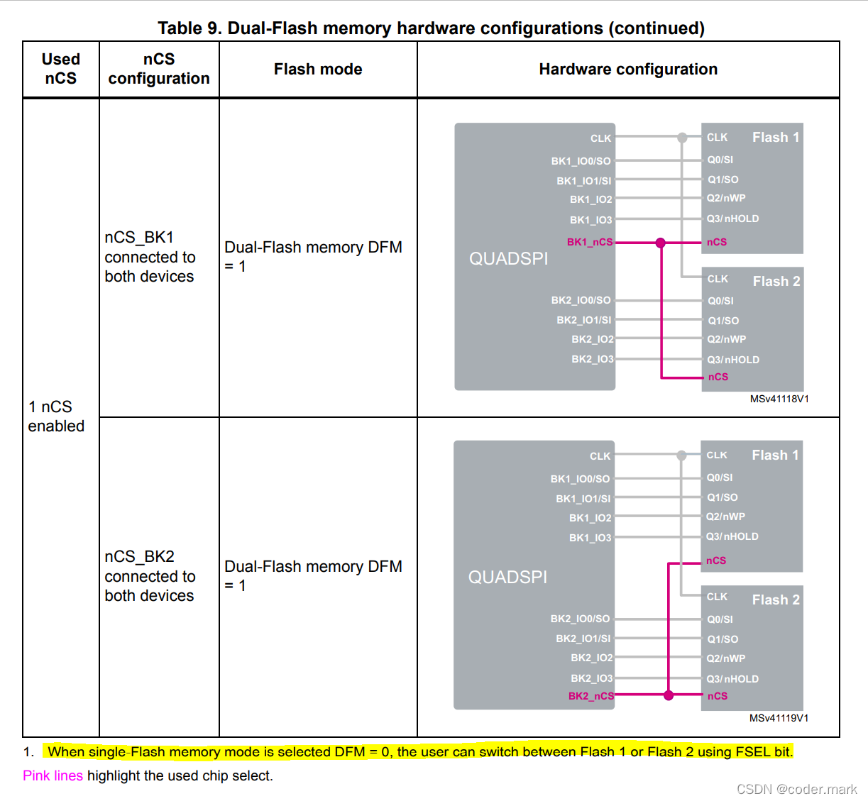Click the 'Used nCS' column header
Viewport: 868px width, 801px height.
pyautogui.click(x=61, y=69)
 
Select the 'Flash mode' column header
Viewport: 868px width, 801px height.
pyautogui.click(x=318, y=70)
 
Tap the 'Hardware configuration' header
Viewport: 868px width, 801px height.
pyautogui.click(x=628, y=70)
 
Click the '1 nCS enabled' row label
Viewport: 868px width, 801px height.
pyautogui.click(x=56, y=416)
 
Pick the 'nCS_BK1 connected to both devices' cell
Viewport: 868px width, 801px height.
pyautogui.click(x=150, y=257)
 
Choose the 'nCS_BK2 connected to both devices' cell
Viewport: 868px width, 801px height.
pyautogui.click(x=150, y=576)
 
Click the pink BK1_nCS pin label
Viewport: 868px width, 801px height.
pyautogui.click(x=590, y=242)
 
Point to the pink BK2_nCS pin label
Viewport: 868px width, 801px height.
pyautogui.click(x=590, y=696)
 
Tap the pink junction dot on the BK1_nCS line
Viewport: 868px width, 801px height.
pyautogui.click(x=661, y=243)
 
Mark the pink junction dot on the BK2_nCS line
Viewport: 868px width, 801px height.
pyautogui.click(x=669, y=695)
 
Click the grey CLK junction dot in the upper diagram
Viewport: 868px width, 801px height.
pyautogui.click(x=682, y=138)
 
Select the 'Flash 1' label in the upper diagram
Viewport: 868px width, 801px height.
pyautogui.click(x=776, y=137)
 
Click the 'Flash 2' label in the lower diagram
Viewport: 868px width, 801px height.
pyautogui.click(x=776, y=600)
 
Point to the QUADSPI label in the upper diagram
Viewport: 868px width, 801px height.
pyautogui.click(x=508, y=259)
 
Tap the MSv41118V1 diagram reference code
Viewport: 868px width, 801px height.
pyautogui.click(x=779, y=399)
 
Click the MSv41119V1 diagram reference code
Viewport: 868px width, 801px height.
pyautogui.click(x=779, y=718)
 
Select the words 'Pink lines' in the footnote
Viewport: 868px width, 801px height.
pyautogui.click(x=53, y=775)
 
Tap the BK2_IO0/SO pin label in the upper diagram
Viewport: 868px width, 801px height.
pyautogui.click(x=581, y=300)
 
